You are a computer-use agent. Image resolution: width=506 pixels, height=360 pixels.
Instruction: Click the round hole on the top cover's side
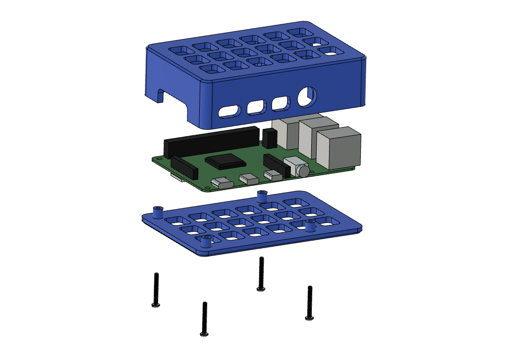pos(307,96)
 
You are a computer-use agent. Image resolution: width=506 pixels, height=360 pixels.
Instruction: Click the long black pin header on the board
pos(211,140)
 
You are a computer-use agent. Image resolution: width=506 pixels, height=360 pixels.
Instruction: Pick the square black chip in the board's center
pos(225,161)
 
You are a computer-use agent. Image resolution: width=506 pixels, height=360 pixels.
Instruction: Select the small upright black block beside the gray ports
pos(270,138)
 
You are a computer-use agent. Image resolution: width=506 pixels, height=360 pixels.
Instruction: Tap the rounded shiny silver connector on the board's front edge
pos(222,183)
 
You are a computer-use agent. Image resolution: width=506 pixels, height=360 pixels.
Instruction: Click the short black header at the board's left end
pos(184,167)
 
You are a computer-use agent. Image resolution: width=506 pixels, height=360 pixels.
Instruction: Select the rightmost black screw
pos(310,303)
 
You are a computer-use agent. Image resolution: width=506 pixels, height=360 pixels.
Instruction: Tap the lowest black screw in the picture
pos(204,319)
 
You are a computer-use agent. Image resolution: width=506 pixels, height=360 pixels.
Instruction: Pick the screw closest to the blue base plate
pos(261,274)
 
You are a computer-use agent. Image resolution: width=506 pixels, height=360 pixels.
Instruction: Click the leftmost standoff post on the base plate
pos(159,212)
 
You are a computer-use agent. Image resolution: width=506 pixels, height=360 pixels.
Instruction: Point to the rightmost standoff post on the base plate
pos(311,226)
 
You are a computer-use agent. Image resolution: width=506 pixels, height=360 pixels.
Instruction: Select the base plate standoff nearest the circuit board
pos(263,196)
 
